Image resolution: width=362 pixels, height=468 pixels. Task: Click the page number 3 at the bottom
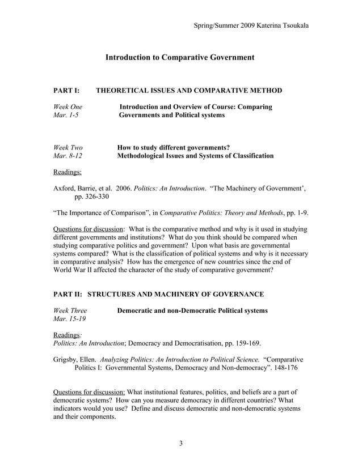point(180,443)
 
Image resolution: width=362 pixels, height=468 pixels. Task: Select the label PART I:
point(67,90)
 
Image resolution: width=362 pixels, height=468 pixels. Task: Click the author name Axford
point(65,188)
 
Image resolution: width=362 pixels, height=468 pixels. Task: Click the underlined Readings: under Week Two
point(67,172)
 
